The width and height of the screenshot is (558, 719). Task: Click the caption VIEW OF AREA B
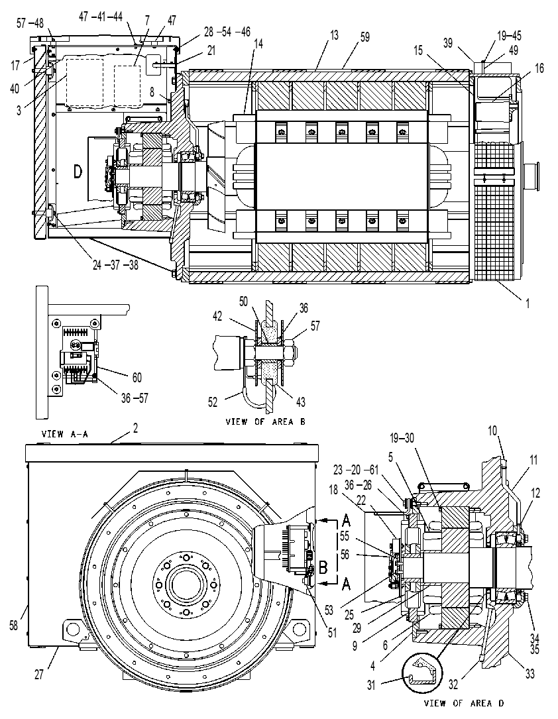pyautogui.click(x=265, y=421)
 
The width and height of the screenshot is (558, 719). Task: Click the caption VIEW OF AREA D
pyautogui.click(x=464, y=703)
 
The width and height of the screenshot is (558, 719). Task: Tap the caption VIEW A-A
pyautogui.click(x=65, y=433)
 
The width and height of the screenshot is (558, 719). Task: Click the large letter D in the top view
pyautogui.click(x=78, y=172)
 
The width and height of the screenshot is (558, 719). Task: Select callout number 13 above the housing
pyautogui.click(x=334, y=35)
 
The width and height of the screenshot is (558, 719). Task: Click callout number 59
pyautogui.click(x=364, y=36)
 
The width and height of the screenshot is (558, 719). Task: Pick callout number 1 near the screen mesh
pyautogui.click(x=528, y=303)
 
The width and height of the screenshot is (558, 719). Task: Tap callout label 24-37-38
pyautogui.click(x=115, y=265)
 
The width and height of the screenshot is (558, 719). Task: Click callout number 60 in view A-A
pyautogui.click(x=137, y=377)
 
